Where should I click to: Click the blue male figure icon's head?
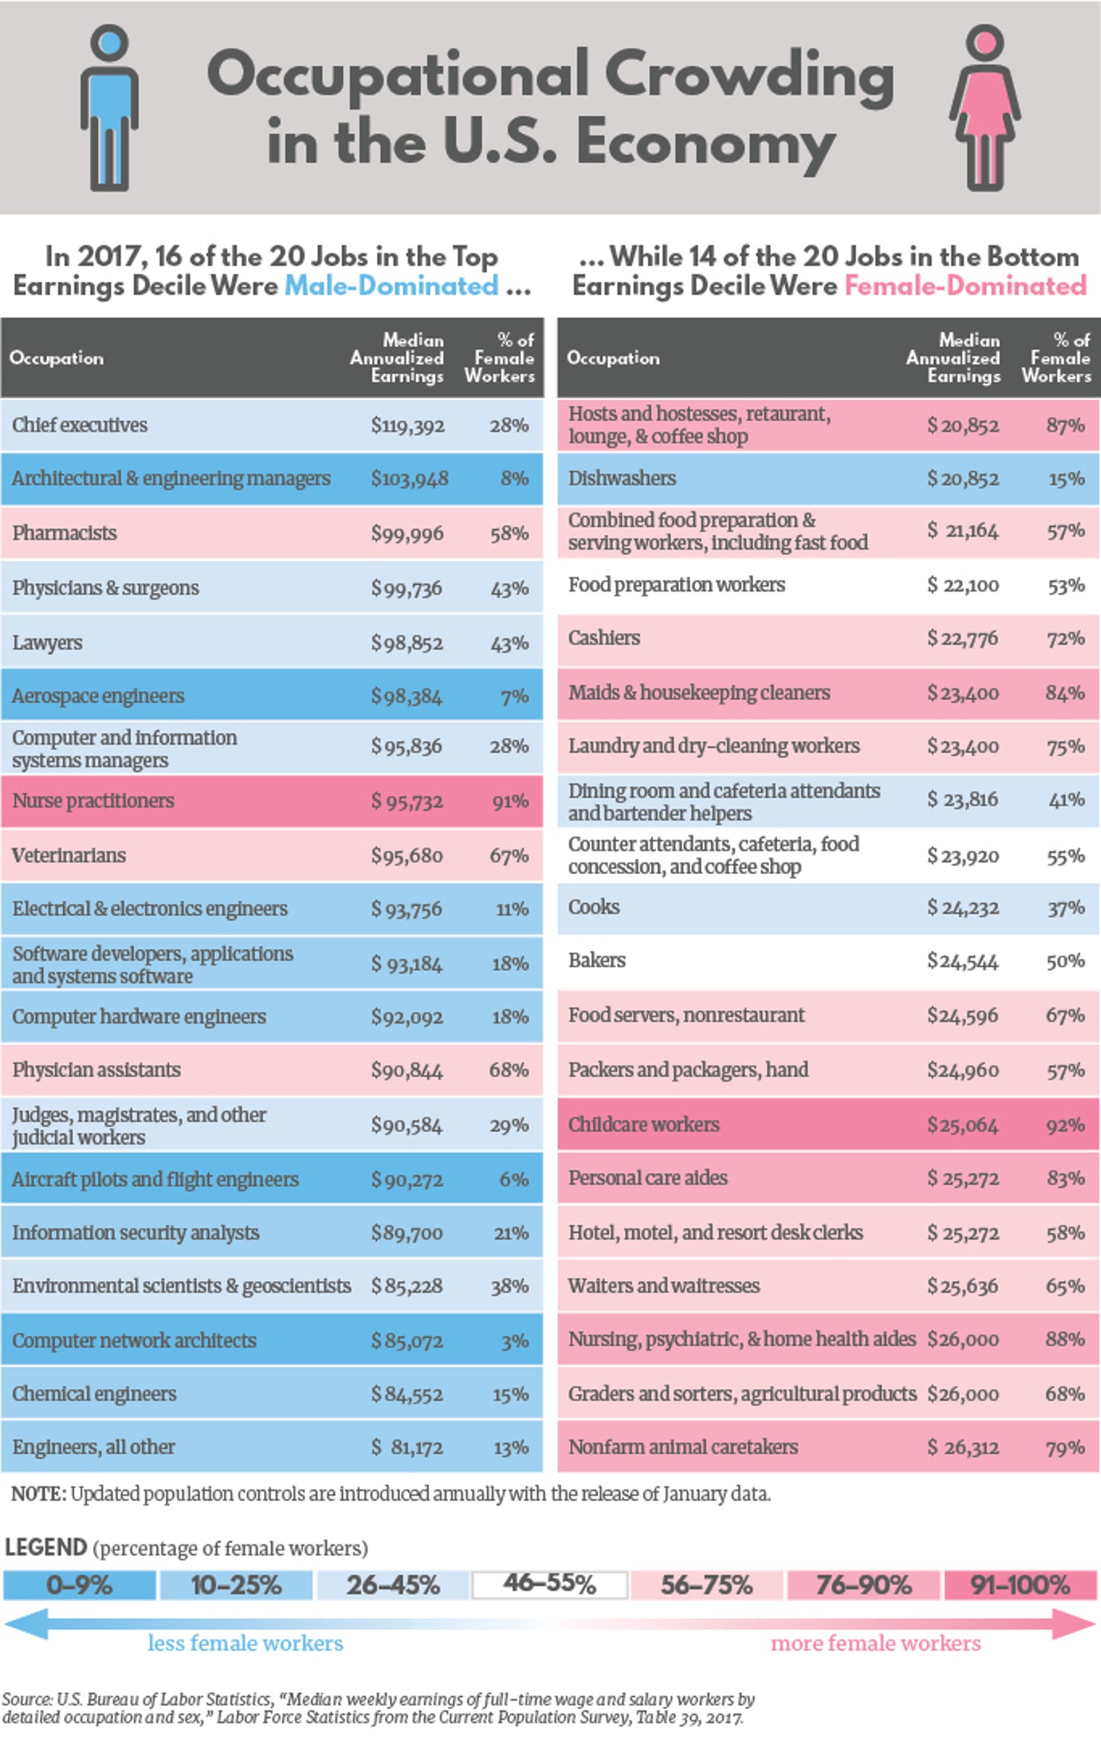[x=109, y=41]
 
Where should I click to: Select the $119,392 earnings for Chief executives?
[x=408, y=426]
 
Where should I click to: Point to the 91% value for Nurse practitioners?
[x=510, y=802]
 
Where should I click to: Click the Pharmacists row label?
[x=65, y=533]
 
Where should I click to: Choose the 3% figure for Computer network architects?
[x=514, y=1341]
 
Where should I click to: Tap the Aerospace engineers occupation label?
[x=98, y=696]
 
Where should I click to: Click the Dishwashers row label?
[x=622, y=478]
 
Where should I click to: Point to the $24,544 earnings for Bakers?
[x=962, y=961]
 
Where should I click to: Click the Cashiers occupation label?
[x=604, y=638]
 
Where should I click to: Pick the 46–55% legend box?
[x=550, y=1584]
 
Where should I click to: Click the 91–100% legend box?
[x=1020, y=1585]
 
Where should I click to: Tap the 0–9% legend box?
[x=79, y=1585]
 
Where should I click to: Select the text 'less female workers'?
[x=245, y=1643]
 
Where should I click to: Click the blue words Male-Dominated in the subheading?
[x=391, y=286]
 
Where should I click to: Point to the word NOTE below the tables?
[x=38, y=1494]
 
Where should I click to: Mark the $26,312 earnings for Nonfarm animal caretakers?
[x=962, y=1448]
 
